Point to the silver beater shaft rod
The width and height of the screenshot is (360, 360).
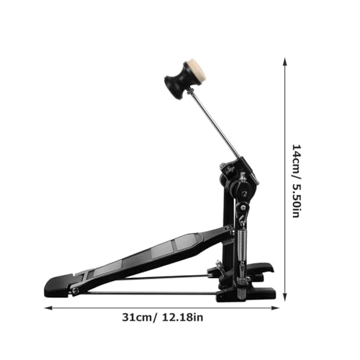pyautogui.click(x=215, y=122)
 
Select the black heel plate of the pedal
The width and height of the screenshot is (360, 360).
pyautogui.click(x=59, y=286)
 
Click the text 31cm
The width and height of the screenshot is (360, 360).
pyautogui.click(x=137, y=318)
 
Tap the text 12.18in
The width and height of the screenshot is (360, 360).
pyautogui.click(x=183, y=318)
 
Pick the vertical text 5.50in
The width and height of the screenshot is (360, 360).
pyautogui.click(x=296, y=199)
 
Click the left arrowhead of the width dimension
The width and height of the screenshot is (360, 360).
pyautogui.click(x=48, y=308)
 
